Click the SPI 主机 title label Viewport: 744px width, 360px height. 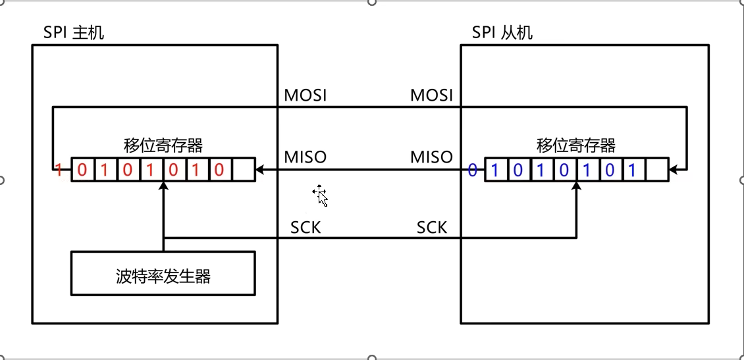[x=74, y=32]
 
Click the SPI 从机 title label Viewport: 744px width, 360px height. [x=502, y=32]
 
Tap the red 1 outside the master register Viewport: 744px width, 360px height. [x=58, y=170]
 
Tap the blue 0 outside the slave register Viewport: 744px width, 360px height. [x=472, y=170]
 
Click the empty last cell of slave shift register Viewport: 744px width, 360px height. [x=656, y=170]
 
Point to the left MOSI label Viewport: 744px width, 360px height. [x=305, y=95]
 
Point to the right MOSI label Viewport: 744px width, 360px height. [x=432, y=95]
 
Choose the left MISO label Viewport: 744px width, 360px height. [x=305, y=157]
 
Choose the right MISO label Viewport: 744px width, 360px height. [x=432, y=157]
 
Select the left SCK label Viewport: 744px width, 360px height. [x=306, y=228]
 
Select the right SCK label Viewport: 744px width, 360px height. [x=432, y=228]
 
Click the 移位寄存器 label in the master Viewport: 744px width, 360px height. [x=163, y=145]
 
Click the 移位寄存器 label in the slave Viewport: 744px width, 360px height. [x=576, y=145]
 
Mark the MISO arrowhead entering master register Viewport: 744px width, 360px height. [x=259, y=170]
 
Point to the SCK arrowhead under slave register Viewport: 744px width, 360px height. [x=576, y=186]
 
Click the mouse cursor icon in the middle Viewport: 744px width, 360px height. [x=321, y=196]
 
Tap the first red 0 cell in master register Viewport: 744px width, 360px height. [x=82, y=170]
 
